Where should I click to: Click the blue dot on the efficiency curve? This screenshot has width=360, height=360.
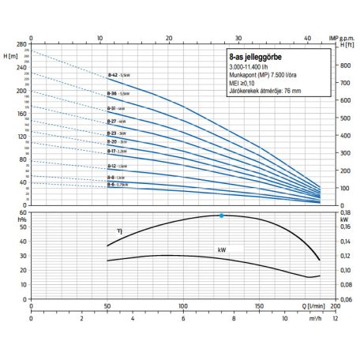pos(221,216)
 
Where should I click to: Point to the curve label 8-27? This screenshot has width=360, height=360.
pos(112,121)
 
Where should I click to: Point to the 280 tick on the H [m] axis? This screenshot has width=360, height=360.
pos(20,46)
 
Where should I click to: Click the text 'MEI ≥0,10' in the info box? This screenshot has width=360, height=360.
pos(246,85)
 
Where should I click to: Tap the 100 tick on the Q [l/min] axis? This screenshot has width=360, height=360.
pos(183,304)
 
